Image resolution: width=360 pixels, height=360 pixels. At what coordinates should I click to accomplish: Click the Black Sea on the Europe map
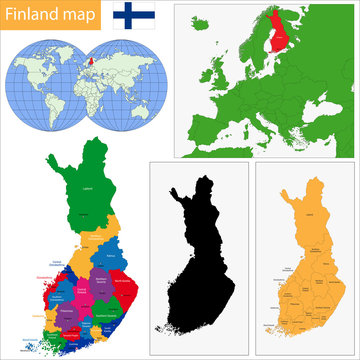pyautogui.click(x=317, y=109)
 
